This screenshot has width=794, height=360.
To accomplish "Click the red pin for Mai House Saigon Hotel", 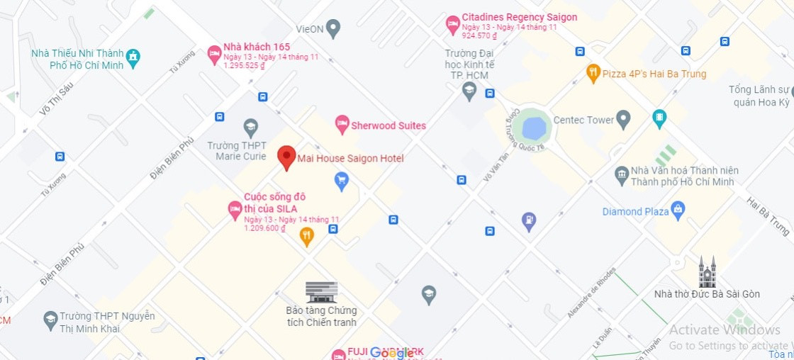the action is pos(286,157).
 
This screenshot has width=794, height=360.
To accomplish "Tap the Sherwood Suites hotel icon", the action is pos(342,124).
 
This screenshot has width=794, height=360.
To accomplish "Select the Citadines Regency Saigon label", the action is pos(519,17).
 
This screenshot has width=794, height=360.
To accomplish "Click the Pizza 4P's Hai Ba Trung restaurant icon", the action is pos(593,72).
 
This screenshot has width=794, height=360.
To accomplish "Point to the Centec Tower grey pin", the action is pos(623,119).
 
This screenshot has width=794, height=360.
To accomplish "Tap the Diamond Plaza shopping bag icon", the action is pos(678,210).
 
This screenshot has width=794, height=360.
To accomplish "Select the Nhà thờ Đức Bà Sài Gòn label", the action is pos(707,294).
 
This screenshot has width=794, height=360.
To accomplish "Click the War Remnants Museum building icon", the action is pos(321,291).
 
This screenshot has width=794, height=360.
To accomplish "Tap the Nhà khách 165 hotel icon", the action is pos(214,54).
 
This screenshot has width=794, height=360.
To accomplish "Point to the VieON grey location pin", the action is pos(333,28).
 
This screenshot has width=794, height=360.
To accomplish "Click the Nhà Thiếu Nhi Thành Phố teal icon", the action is pos(133,55).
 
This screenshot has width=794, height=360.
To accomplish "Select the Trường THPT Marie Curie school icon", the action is pos(250,128).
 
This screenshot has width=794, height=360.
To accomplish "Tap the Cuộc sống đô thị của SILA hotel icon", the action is pos(235,209).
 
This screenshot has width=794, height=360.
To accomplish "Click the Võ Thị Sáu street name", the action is pos(57,98).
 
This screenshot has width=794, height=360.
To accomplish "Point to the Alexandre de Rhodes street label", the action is pos(591,292).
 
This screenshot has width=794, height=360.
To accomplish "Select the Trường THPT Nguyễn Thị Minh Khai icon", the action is pos(50,320).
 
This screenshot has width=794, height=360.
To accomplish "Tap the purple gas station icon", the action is pos(528,221).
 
